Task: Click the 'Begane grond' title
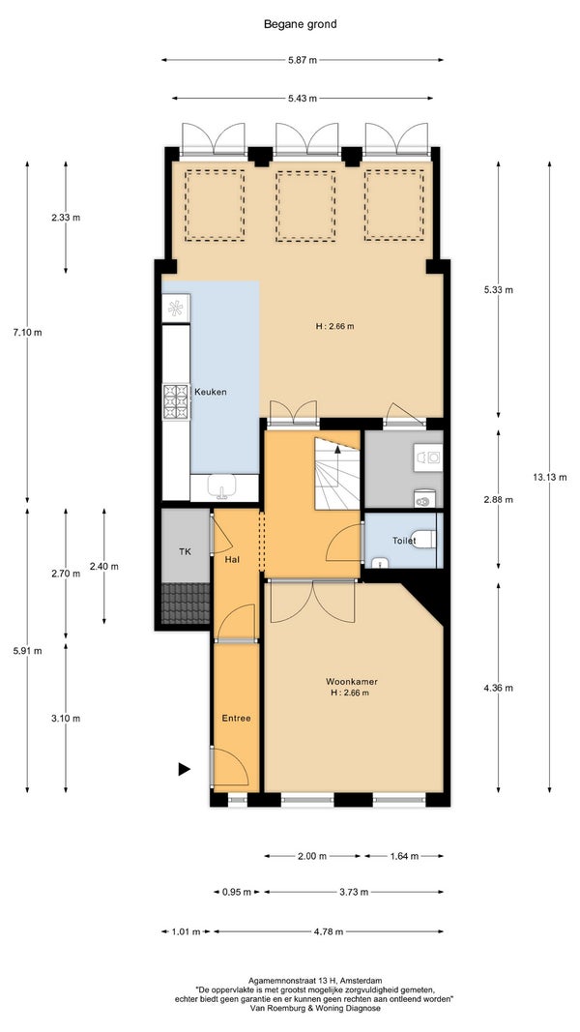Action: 300,24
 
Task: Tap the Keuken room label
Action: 211,392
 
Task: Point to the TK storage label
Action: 186,551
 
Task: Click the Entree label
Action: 236,718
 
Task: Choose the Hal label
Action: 231,559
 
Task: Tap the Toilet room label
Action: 404,541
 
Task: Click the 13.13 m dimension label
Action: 550,478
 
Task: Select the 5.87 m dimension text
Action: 303,60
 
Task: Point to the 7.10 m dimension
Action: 28,333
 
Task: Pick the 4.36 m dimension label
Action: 498,689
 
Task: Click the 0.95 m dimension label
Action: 237,893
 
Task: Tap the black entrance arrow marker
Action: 184,769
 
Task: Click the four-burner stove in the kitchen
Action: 176,401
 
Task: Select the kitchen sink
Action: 223,487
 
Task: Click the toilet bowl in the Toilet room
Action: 424,540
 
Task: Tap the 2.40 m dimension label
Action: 103,566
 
